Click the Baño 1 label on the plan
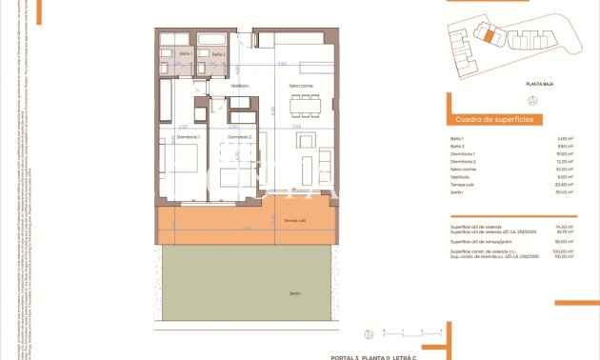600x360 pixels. pyautogui.click(x=185, y=54)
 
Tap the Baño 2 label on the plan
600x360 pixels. pyautogui.click(x=218, y=54)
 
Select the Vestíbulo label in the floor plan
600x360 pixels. pyautogui.click(x=239, y=87)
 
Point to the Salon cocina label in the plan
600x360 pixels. pyautogui.click(x=302, y=87)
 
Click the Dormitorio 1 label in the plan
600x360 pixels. pyautogui.click(x=189, y=137)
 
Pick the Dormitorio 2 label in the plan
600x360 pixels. pyautogui.click(x=239, y=137)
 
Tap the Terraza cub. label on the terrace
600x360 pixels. pyautogui.click(x=294, y=220)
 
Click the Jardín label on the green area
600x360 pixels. pyautogui.click(x=294, y=293)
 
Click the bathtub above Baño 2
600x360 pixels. pyautogui.click(x=211, y=40)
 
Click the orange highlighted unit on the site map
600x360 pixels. pyautogui.click(x=487, y=36)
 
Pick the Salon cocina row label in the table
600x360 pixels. pyautogui.click(x=464, y=169)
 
